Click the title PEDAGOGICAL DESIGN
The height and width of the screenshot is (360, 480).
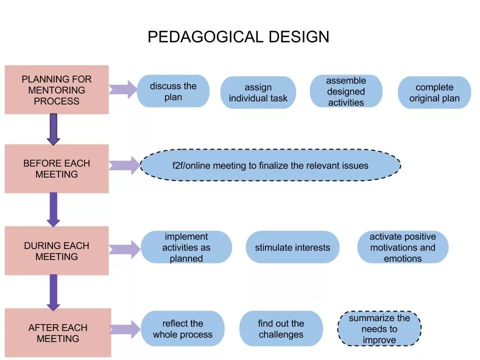tap(238, 37)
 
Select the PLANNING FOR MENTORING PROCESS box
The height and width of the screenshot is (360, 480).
tap(56, 90)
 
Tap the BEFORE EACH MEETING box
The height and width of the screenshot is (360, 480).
tap(56, 169)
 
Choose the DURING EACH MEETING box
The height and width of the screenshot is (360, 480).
tap(56, 251)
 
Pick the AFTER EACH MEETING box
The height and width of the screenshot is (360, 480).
tap(57, 333)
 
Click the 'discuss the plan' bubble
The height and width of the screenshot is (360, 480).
tap(173, 91)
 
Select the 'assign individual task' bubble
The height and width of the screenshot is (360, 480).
tap(258, 93)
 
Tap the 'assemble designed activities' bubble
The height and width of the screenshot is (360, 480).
tap(346, 91)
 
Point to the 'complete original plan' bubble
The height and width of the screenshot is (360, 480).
tap(434, 93)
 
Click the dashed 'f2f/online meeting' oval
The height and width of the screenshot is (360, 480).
tap(270, 165)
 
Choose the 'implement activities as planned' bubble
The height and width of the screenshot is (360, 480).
tap(186, 247)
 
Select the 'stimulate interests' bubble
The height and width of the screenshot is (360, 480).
tap(292, 247)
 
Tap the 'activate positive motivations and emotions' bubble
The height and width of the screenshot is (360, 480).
tap(402, 247)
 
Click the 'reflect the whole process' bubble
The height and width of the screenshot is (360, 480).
tap(182, 329)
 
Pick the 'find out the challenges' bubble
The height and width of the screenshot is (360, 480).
tap(281, 329)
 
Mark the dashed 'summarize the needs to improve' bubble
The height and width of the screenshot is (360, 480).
tap(379, 329)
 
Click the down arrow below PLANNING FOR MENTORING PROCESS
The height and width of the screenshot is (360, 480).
tap(53, 129)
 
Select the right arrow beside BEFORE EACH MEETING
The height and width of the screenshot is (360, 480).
tap(124, 165)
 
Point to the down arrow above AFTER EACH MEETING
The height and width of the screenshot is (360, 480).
tap(53, 292)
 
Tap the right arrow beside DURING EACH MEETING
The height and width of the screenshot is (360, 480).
tap(124, 249)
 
